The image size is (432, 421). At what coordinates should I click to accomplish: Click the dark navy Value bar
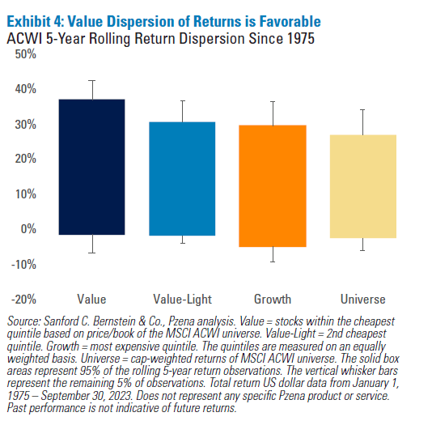[x=91, y=167]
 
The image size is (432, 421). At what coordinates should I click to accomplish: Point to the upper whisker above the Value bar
[x=91, y=90]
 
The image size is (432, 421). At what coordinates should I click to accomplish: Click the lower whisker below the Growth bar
[x=273, y=254]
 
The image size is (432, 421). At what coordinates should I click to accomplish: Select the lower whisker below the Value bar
[x=91, y=244]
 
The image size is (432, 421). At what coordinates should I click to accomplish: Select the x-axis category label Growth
[x=273, y=299]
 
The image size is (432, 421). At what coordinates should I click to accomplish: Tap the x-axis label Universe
[x=363, y=299]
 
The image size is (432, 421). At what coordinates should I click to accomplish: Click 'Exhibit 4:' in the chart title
[x=35, y=20]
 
